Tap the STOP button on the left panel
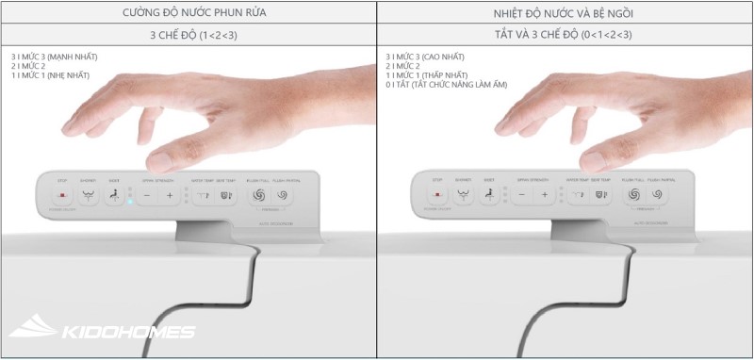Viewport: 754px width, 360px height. tap(63, 196)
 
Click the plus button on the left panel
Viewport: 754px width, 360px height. tap(170, 196)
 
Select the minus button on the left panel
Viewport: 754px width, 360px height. tap(147, 196)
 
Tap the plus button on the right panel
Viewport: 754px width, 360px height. tap(545, 196)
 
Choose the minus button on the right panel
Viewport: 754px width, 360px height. tap(522, 196)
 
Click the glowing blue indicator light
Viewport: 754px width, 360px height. tap(131, 201)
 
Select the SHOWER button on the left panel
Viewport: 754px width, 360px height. tap(89, 196)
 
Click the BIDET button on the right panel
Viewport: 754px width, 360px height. tap(487, 196)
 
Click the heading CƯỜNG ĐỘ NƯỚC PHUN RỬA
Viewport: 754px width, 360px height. tap(188, 12)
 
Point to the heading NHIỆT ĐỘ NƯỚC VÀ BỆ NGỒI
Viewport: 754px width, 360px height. tap(565, 12)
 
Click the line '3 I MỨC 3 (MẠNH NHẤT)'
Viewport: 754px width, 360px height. tap(55, 57)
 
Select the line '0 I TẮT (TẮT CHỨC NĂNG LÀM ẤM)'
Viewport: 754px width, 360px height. tap(447, 84)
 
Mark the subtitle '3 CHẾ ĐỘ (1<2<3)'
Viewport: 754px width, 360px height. tap(188, 35)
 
